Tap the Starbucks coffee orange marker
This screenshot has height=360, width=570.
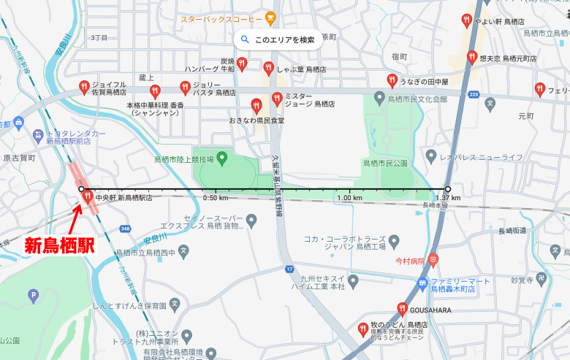tap(270, 15)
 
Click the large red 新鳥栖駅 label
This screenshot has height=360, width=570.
tap(60, 246)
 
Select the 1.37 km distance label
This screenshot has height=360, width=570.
tap(447, 198)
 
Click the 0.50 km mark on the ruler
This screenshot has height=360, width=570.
tap(215, 198)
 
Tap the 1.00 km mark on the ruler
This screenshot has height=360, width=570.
tap(350, 198)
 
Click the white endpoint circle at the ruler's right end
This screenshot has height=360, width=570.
tap(448, 189)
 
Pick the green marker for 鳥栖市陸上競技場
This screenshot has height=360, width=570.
tap(221, 157)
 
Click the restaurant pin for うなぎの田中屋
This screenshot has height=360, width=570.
tap(392, 80)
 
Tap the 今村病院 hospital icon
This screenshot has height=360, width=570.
tap(433, 258)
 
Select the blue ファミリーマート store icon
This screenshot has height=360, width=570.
tap(422, 283)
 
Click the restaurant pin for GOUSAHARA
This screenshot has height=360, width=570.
tap(402, 308)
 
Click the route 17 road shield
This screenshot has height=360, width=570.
tap(289, 269)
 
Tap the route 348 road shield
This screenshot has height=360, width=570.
tap(126, 229)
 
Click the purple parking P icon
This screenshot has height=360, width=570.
tap(32, 296)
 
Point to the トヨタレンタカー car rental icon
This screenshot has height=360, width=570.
tap(38, 135)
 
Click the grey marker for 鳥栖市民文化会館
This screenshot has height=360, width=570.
tap(379, 98)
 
